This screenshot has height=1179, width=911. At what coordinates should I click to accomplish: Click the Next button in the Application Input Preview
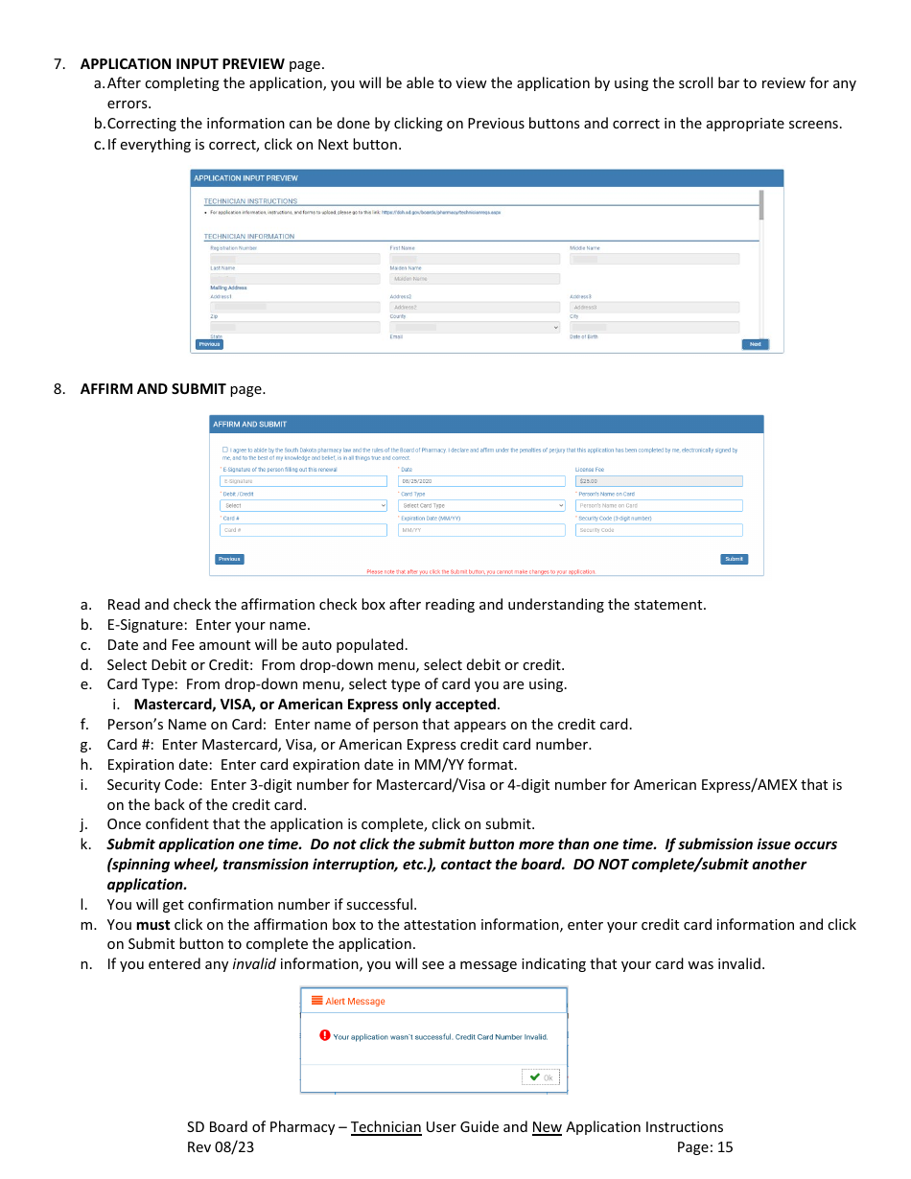pos(755,344)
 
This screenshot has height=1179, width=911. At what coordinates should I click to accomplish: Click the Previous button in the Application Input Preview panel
pos(209,344)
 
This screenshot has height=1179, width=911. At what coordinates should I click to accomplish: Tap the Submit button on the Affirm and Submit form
pos(734,559)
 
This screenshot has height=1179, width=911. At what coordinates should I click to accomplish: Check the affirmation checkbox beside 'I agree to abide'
pos(225,450)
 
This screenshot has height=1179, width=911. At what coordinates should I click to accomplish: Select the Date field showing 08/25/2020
pos(481,481)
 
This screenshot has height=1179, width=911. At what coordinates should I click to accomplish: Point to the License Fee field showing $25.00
pos(659,481)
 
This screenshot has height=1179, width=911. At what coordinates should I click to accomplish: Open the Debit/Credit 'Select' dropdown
pos(303,505)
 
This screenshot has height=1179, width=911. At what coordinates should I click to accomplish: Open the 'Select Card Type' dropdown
pos(481,505)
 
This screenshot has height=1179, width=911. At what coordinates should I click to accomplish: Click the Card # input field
pos(303,529)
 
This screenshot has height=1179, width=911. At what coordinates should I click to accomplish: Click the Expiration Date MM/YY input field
pos(481,529)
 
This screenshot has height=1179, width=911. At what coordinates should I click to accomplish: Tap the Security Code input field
pos(659,529)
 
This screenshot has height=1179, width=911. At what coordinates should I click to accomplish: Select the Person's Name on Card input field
pos(659,505)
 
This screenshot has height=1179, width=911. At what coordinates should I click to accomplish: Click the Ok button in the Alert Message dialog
pos(541,1076)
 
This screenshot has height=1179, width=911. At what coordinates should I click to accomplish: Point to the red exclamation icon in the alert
pos(325,1035)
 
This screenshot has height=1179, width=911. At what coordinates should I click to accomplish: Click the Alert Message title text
pos(355,1001)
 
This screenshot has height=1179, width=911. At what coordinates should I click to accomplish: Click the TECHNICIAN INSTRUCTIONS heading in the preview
pos(250,201)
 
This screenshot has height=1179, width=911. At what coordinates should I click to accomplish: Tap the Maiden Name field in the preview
pos(475,279)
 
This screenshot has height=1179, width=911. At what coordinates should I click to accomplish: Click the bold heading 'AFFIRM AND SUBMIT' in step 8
pos(152,389)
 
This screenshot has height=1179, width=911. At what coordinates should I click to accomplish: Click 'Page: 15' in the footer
pos(704,1147)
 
